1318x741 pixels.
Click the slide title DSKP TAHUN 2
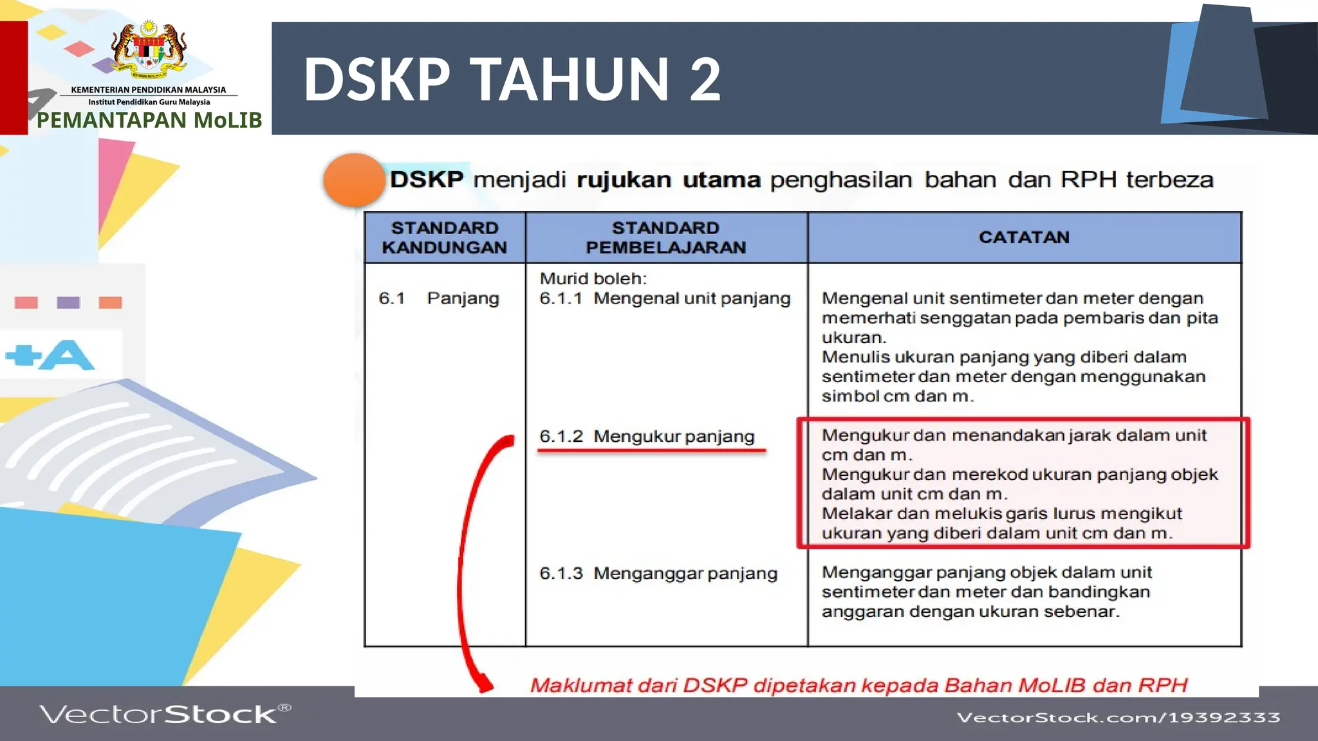pyautogui.click(x=512, y=79)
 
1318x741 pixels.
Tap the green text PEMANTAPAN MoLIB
pyautogui.click(x=149, y=120)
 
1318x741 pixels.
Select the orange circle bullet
pyautogui.click(x=353, y=180)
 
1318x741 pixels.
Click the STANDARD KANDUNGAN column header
pyautogui.click(x=445, y=237)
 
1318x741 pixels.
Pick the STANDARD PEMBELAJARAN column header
pyautogui.click(x=665, y=237)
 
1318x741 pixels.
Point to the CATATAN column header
pyautogui.click(x=1023, y=237)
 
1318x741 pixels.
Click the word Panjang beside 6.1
pyautogui.click(x=463, y=298)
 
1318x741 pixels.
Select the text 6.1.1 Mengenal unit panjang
pyautogui.click(x=665, y=298)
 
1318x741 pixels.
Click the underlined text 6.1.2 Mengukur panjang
pyautogui.click(x=647, y=436)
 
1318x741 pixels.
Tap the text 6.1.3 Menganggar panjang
pyautogui.click(x=658, y=573)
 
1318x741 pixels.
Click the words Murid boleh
pyautogui.click(x=593, y=279)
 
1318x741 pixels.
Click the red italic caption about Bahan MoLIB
pyautogui.click(x=859, y=686)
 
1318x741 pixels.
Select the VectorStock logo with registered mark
pyautogui.click(x=165, y=714)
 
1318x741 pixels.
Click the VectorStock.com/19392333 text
pyautogui.click(x=1118, y=717)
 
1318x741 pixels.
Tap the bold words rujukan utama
pyautogui.click(x=668, y=179)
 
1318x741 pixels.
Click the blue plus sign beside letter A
pyautogui.click(x=23, y=355)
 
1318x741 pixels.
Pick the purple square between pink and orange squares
pyautogui.click(x=68, y=302)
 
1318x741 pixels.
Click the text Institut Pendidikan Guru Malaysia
pyautogui.click(x=149, y=102)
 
